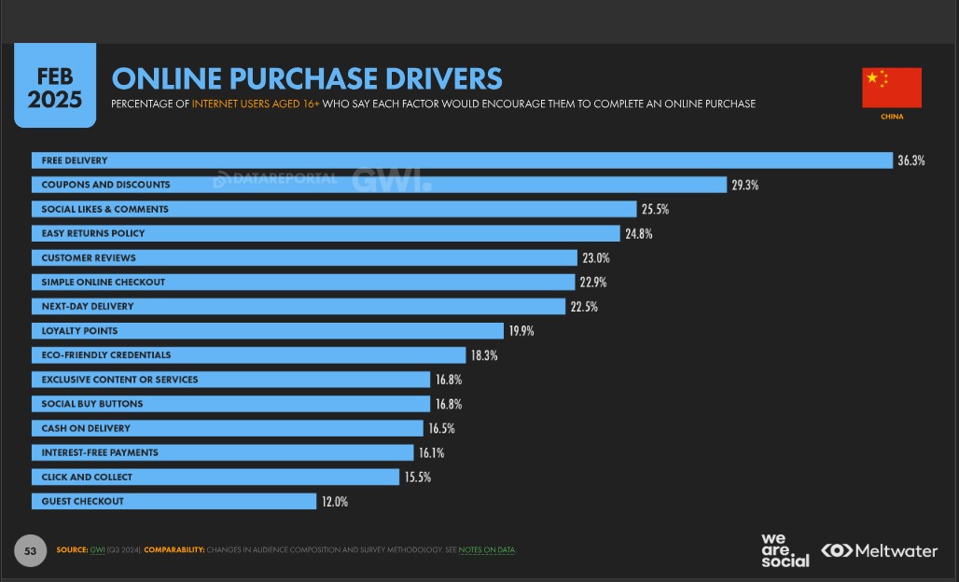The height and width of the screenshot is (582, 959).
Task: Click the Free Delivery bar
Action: [462, 160]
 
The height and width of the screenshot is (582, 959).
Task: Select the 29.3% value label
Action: [744, 185]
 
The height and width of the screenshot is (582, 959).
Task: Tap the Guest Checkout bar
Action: [174, 501]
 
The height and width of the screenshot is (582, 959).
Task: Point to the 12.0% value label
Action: [335, 502]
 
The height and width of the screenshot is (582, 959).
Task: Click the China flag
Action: [891, 88]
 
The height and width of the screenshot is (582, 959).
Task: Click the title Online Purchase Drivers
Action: [306, 78]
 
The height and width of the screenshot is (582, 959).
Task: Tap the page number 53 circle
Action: [30, 550]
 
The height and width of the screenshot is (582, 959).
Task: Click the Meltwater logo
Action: [879, 550]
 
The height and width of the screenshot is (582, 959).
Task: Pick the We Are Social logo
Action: [785, 550]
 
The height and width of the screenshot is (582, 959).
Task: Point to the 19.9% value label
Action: [521, 331]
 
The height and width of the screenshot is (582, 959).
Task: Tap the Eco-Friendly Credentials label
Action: [106, 355]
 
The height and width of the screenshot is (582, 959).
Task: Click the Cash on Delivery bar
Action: [228, 428]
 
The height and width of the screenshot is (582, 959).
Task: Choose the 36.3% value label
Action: [910, 160]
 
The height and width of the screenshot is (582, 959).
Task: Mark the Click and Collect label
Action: [87, 478]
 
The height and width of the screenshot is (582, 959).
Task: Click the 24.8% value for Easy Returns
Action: [638, 233]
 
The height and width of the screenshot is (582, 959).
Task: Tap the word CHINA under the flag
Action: [891, 117]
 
